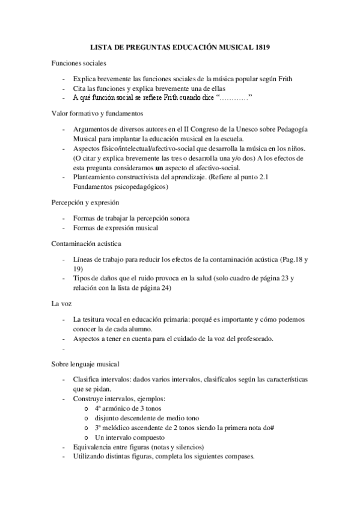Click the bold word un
tap(176, 167)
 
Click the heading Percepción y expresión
tap(85, 203)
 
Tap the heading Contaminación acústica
tap(86, 244)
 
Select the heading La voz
tap(61, 304)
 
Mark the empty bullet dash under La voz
tap(62, 349)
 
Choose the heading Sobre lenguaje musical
tap(85, 364)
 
